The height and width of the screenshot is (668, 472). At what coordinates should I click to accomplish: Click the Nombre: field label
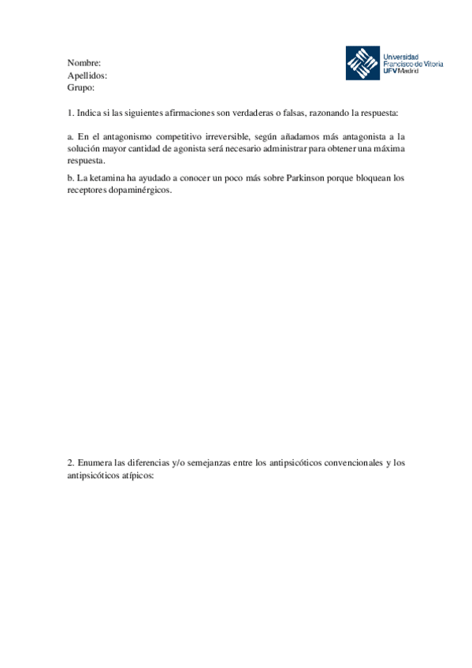84,62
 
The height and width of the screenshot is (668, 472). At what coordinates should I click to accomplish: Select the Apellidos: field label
87,76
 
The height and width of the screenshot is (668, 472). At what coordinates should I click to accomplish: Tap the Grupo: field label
81,88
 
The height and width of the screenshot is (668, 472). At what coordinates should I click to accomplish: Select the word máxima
388,148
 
